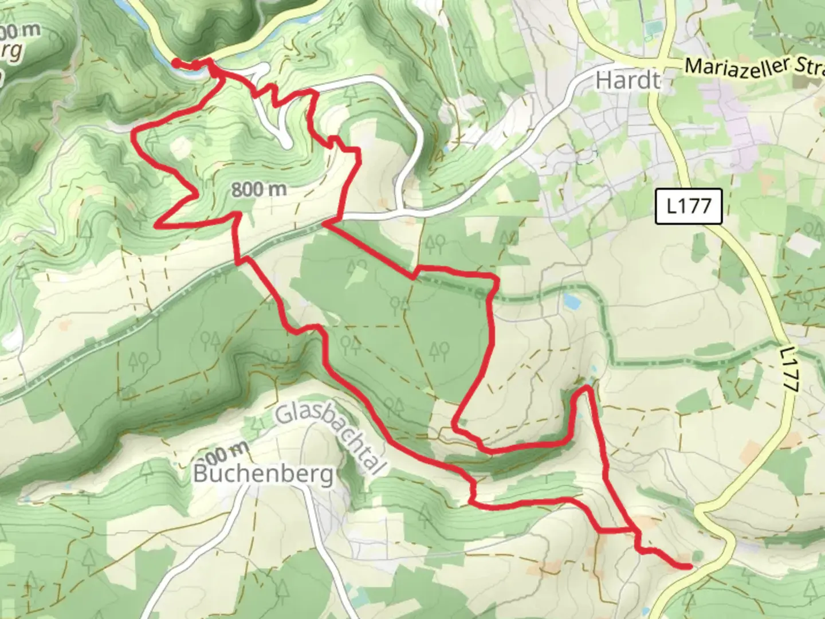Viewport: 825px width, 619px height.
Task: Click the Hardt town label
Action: coord(627,80)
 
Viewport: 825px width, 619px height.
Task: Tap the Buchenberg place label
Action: coord(263,474)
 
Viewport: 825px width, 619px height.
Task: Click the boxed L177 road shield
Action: coord(689,206)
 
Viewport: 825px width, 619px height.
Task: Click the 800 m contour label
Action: coord(259,189)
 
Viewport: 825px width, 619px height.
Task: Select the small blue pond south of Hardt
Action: coord(571,300)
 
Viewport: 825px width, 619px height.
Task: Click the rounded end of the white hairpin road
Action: coord(285,142)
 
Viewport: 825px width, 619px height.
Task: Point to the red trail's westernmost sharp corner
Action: coord(135,134)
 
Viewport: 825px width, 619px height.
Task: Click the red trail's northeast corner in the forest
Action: coord(494,278)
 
